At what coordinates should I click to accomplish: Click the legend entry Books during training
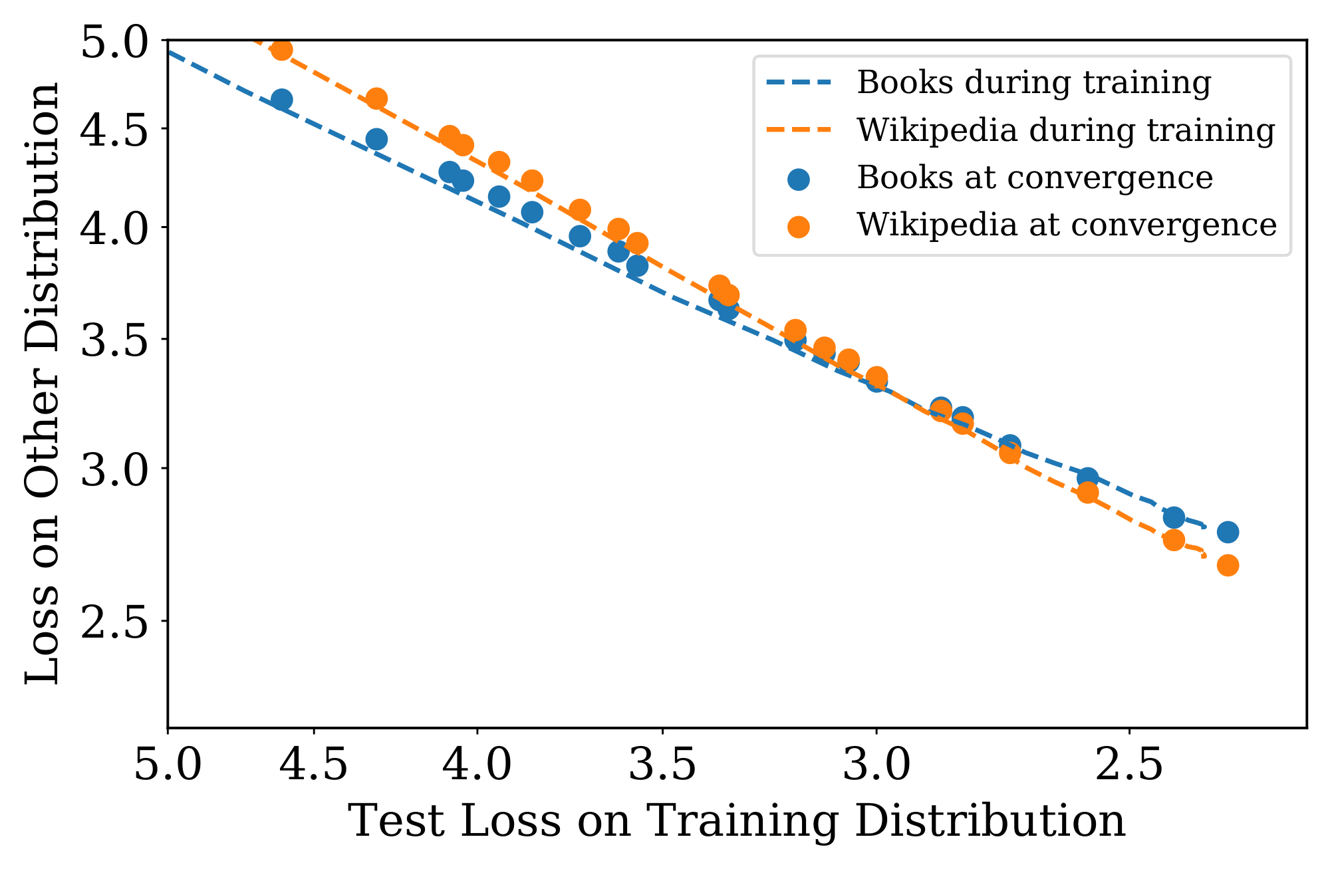tap(1033, 83)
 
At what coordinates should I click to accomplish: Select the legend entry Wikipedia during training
tap(1065, 130)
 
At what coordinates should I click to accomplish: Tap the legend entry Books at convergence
tap(1035, 178)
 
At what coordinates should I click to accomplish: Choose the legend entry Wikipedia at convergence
tap(1067, 225)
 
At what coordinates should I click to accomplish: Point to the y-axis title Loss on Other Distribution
tap(43, 383)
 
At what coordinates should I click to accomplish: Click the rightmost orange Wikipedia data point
tap(1228, 565)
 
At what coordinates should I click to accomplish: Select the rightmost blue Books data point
tap(1228, 532)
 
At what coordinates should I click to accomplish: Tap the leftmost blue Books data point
tap(281, 100)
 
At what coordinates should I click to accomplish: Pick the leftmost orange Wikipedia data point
tap(281, 50)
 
